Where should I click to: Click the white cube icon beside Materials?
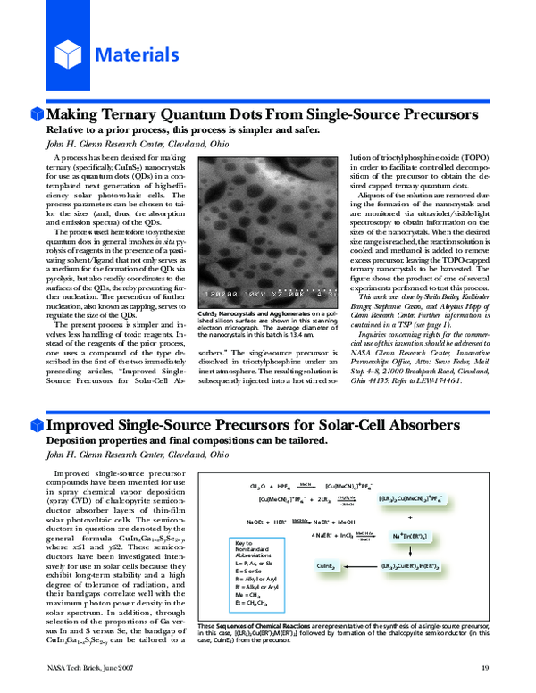coord(69,55)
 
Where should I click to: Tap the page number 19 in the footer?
coord(486,667)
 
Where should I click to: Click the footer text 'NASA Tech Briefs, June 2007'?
coord(85,667)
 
